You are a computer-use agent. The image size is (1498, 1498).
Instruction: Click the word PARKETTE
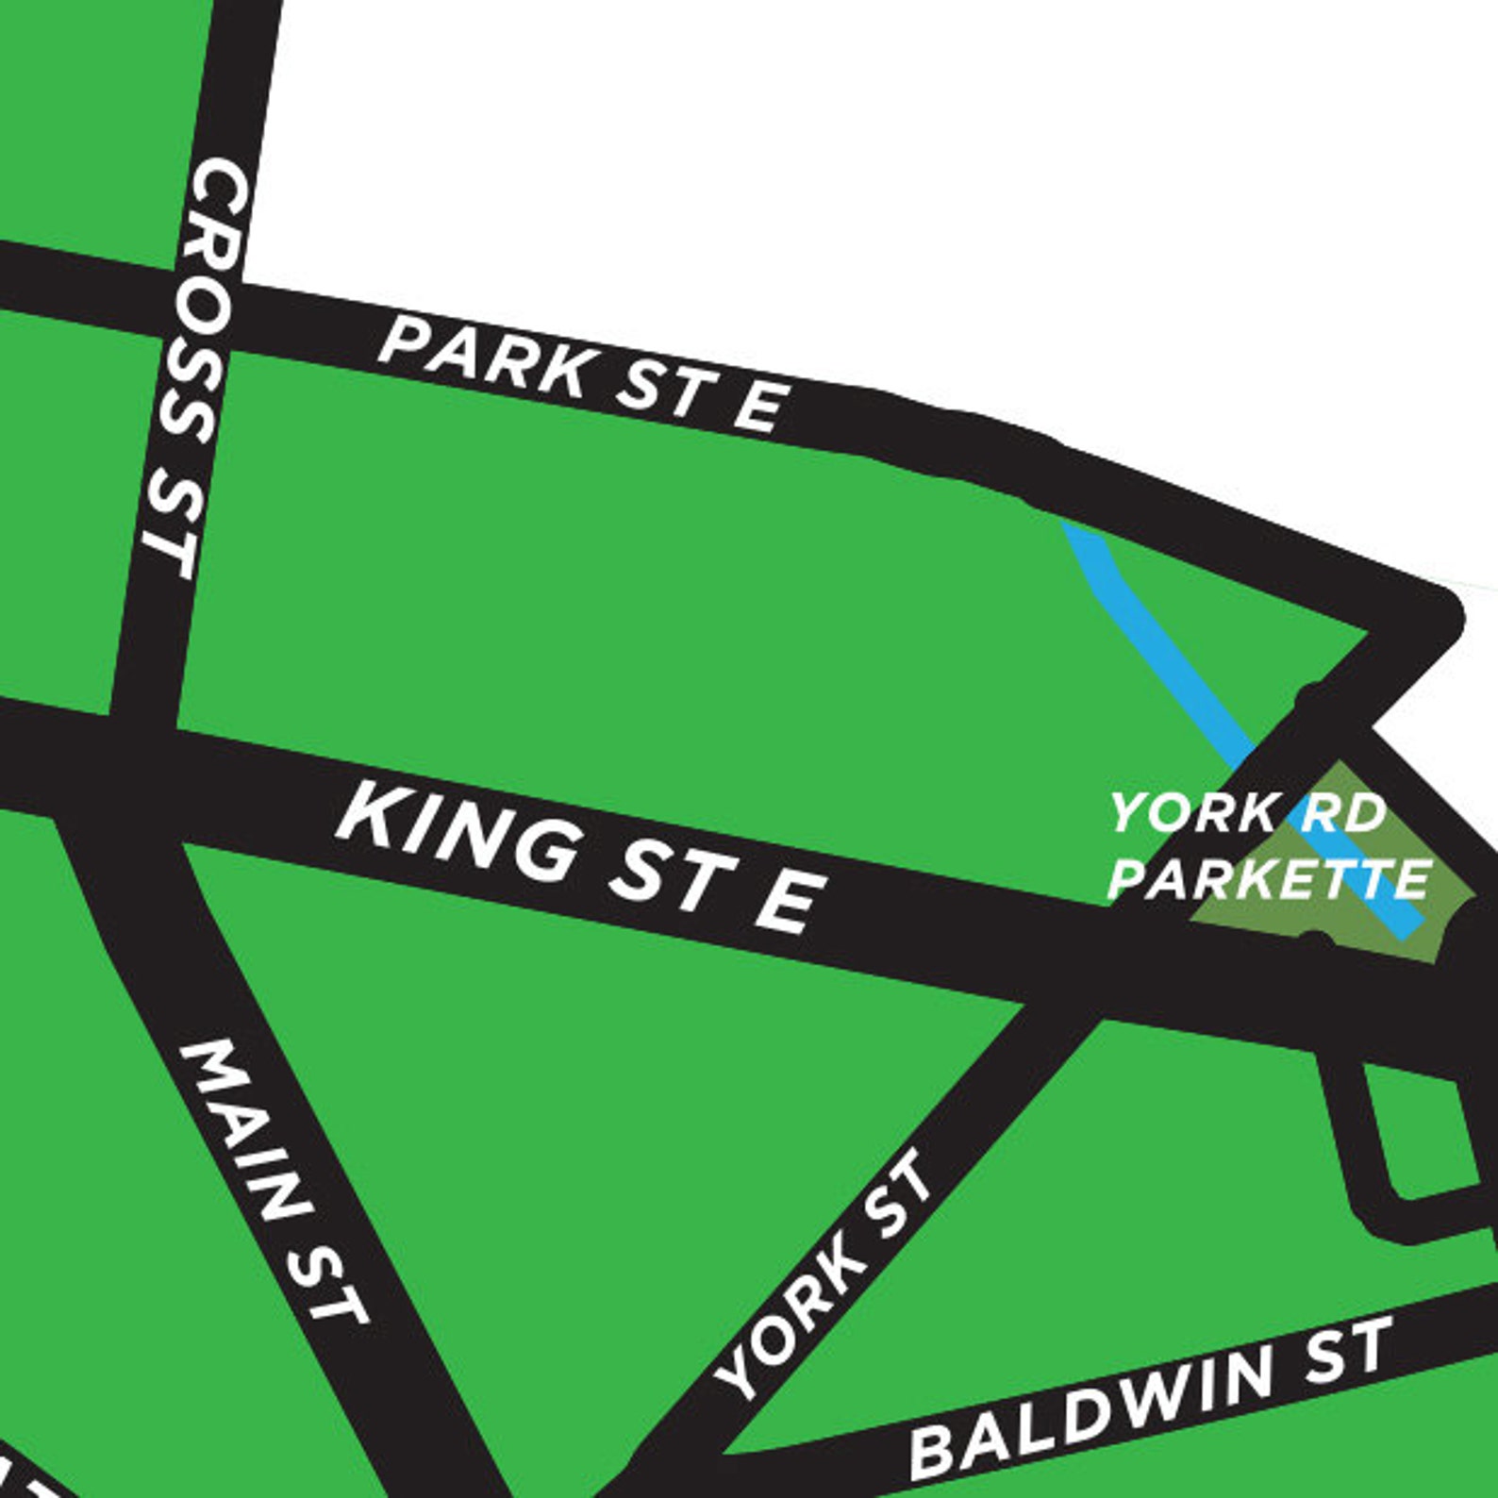point(1269,879)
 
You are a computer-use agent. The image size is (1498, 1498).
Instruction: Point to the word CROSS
point(212,283)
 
